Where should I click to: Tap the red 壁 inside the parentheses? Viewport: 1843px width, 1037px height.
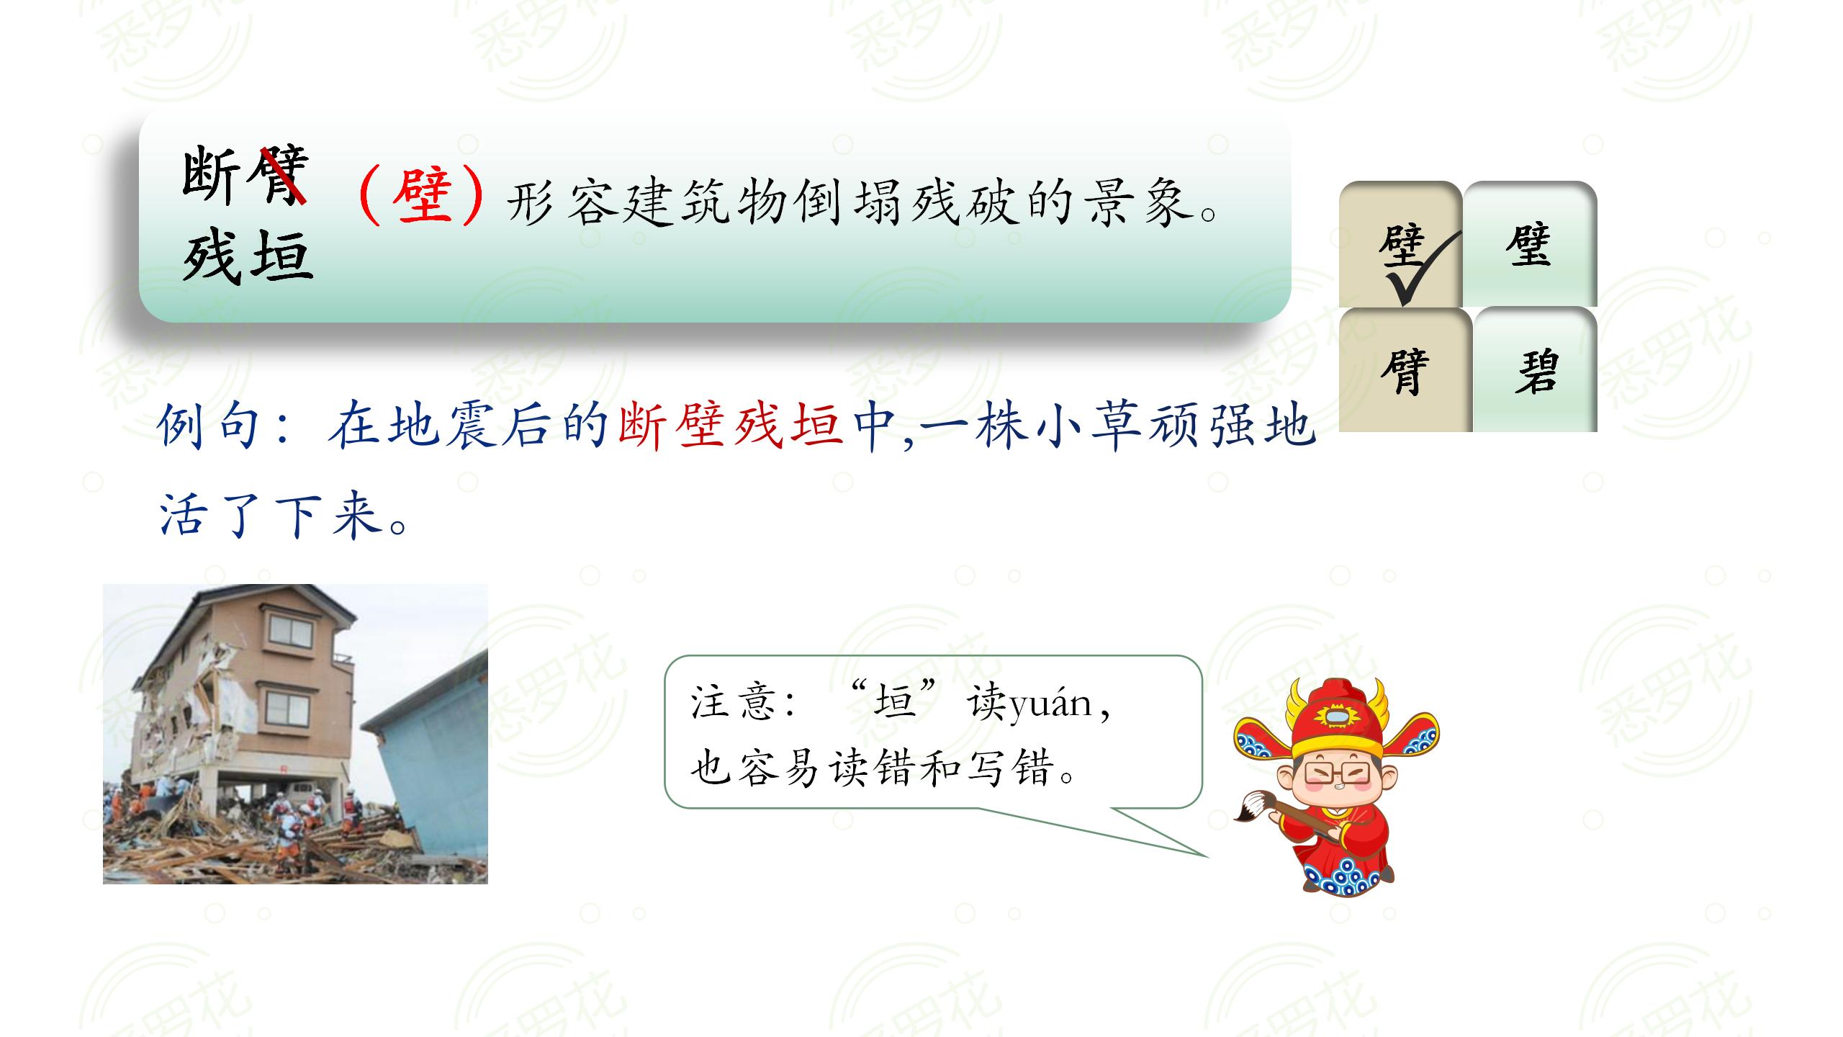tap(422, 197)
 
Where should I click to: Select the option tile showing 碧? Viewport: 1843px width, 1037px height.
tap(1536, 372)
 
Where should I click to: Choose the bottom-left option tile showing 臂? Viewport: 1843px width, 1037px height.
tap(1404, 372)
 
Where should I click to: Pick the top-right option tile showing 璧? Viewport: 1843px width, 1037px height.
tap(1528, 246)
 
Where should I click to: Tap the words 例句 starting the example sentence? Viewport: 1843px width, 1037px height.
tap(209, 426)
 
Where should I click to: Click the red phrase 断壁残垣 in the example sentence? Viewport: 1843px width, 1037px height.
tap(730, 426)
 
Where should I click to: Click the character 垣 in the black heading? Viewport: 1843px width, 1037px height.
tap(282, 256)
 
